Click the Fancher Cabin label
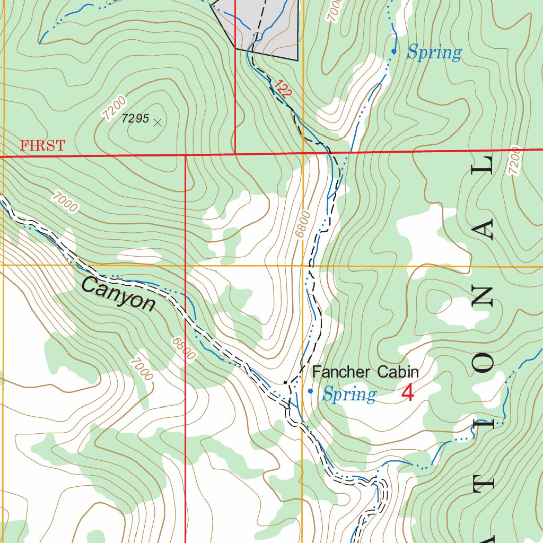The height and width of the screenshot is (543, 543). click(365, 372)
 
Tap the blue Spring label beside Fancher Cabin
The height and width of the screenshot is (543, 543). click(349, 395)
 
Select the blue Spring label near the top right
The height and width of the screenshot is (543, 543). click(434, 52)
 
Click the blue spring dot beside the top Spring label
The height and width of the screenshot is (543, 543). click(393, 51)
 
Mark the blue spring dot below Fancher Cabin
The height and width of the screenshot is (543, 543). click(310, 391)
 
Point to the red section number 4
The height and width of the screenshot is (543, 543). click(407, 393)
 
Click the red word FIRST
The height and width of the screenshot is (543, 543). click(42, 146)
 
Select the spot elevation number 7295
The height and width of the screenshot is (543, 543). click(135, 119)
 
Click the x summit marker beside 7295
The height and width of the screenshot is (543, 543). click(157, 122)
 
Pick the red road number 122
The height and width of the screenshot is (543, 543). click(283, 90)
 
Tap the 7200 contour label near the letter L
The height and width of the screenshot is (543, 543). click(514, 161)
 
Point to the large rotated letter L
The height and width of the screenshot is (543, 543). click(484, 170)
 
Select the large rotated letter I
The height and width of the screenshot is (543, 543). click(484, 424)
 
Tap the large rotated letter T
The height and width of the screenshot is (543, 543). click(484, 484)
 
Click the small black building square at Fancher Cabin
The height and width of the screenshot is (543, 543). click(285, 382)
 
